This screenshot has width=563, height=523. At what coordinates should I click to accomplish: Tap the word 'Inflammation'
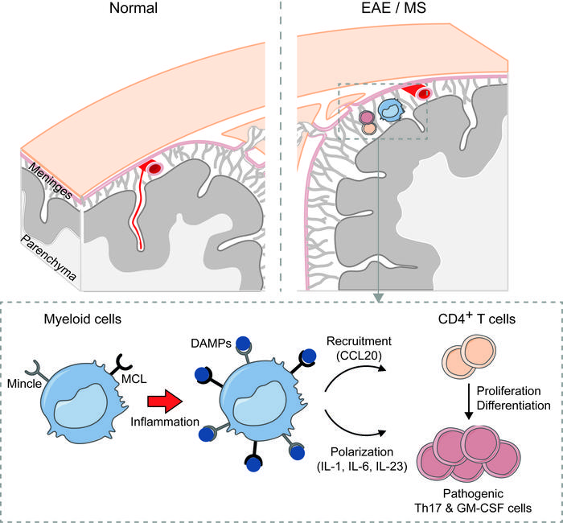(x=166, y=422)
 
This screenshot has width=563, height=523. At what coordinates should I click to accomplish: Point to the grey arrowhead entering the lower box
(x=376, y=299)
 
